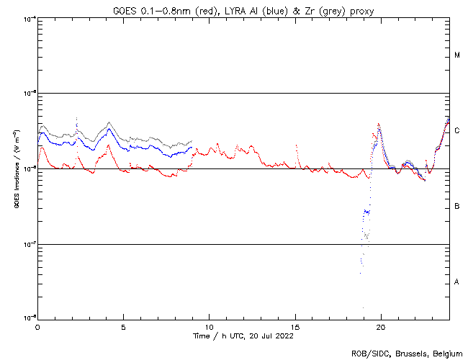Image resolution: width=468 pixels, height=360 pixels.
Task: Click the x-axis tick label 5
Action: tap(123, 327)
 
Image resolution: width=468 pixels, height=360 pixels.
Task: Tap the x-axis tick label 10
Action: tap(209, 327)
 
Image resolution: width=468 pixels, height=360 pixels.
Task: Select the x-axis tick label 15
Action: tap(294, 327)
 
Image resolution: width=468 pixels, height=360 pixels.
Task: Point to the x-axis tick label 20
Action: tap(380, 327)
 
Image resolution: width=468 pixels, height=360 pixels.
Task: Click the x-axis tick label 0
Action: tap(37, 327)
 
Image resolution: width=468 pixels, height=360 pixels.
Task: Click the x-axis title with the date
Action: tap(243, 336)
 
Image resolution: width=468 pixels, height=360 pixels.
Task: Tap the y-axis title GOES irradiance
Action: tap(15, 168)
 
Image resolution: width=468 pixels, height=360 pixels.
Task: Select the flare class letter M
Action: tap(457, 55)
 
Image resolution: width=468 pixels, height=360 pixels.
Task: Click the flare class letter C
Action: tap(457, 131)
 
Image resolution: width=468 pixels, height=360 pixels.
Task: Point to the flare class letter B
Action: tap(457, 207)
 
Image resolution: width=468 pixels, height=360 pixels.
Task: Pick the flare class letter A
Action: tap(457, 282)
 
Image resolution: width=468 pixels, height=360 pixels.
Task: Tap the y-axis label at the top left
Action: tap(30, 18)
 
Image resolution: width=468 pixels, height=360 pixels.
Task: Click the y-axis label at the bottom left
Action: tap(30, 318)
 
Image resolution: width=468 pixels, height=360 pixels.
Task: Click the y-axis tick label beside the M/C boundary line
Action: tap(30, 93)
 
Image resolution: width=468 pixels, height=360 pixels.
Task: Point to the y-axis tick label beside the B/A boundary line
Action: tap(30, 244)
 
